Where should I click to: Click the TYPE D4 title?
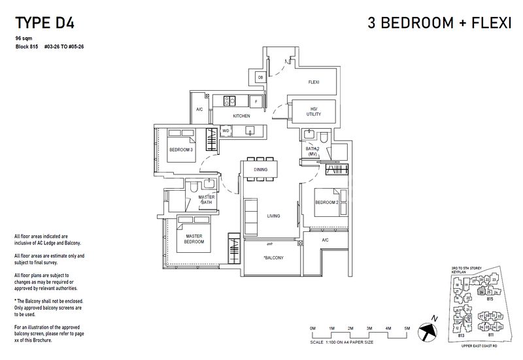[44, 24]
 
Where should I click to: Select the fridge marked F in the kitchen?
[256, 102]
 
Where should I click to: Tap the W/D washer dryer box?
[225, 131]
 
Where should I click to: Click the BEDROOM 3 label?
[180, 150]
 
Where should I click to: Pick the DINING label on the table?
[261, 170]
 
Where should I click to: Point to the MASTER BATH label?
[207, 199]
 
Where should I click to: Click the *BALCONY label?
[272, 259]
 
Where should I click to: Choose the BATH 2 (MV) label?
[312, 152]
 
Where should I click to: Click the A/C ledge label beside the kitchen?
[199, 110]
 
